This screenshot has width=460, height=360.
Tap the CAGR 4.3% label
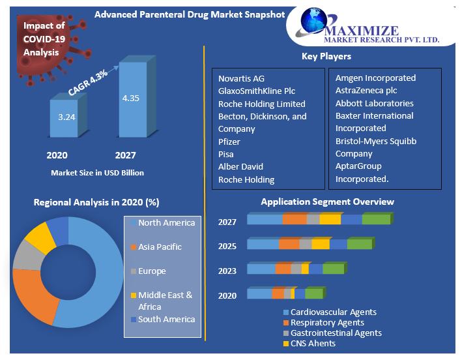tap(89, 83)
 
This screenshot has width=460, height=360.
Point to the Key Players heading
tap(326, 57)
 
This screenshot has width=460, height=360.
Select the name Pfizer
tap(229, 142)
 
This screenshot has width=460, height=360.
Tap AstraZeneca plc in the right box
tap(366, 91)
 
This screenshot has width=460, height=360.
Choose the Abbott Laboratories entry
tap(374, 103)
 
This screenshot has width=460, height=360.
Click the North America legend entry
tap(166, 223)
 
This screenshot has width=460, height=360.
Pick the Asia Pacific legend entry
tap(160, 247)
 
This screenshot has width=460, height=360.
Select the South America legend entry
tap(166, 320)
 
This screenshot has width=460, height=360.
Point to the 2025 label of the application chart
tap(227, 247)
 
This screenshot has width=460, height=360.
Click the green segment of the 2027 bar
tap(376, 220)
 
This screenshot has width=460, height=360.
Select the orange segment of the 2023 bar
tap(283, 269)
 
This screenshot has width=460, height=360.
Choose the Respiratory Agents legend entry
tap(327, 322)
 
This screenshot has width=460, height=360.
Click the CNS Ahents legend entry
tap(313, 343)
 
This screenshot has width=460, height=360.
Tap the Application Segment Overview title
tap(327, 202)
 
